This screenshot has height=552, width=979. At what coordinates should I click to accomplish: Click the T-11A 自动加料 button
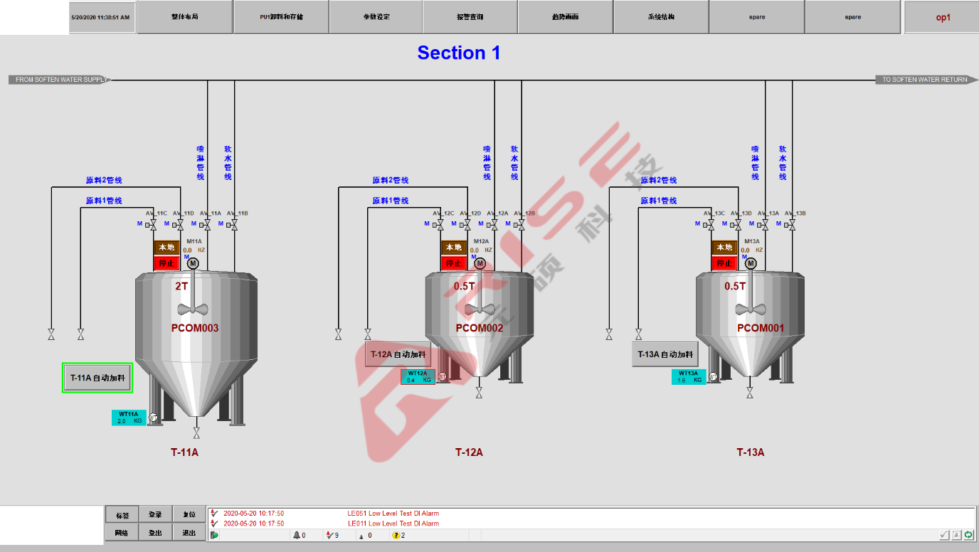point(97,378)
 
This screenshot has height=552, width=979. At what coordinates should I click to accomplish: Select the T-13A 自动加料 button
point(665,354)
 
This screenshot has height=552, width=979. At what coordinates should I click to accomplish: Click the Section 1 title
point(459,53)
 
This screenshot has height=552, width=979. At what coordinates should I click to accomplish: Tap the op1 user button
point(942,17)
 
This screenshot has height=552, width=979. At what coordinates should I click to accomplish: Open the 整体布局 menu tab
point(184,17)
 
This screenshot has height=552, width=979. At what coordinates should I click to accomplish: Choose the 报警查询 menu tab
point(470,17)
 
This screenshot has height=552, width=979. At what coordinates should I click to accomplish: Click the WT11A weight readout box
point(129,418)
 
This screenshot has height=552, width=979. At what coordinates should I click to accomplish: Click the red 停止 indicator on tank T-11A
point(166,263)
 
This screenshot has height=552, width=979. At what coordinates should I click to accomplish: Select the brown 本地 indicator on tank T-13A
point(724,248)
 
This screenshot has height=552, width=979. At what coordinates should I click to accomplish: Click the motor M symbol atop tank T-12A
point(480,264)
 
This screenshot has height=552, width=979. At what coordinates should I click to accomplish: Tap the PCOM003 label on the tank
point(195,328)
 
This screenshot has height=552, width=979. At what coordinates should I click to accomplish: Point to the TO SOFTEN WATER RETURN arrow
point(924,80)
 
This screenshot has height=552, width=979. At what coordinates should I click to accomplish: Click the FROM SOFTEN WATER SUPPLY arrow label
point(60,80)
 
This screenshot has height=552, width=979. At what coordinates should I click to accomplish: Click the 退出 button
point(189,533)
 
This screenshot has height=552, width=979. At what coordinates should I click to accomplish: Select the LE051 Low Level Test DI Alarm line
point(393,514)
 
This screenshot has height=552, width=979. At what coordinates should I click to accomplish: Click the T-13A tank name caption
point(750,452)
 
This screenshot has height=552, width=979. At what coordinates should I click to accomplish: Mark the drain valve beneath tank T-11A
point(196,432)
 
